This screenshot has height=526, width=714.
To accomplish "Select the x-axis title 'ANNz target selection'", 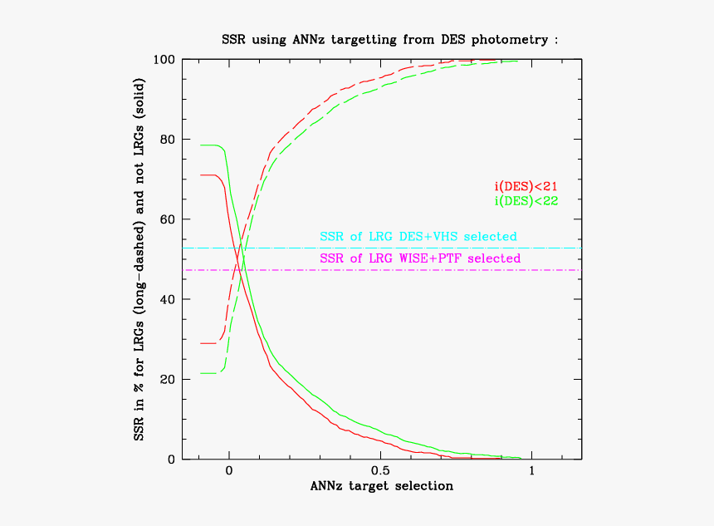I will [382, 485].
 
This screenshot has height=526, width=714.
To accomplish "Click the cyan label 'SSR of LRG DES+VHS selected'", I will [418, 237].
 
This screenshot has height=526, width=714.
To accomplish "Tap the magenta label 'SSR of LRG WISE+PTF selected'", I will [420, 258].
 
